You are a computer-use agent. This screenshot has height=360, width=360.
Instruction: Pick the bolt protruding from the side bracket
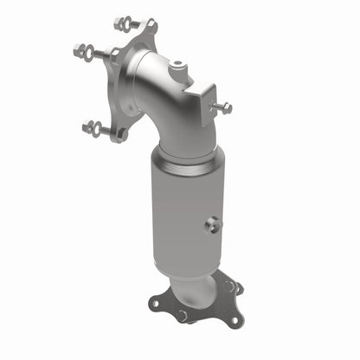(x=224, y=109)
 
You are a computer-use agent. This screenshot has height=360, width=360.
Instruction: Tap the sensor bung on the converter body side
(x=211, y=225)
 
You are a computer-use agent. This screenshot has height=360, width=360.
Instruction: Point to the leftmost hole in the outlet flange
(x=156, y=302)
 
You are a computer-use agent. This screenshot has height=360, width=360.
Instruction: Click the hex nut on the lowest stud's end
(x=89, y=127)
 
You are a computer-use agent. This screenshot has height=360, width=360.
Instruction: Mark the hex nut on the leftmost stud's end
(x=80, y=49)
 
